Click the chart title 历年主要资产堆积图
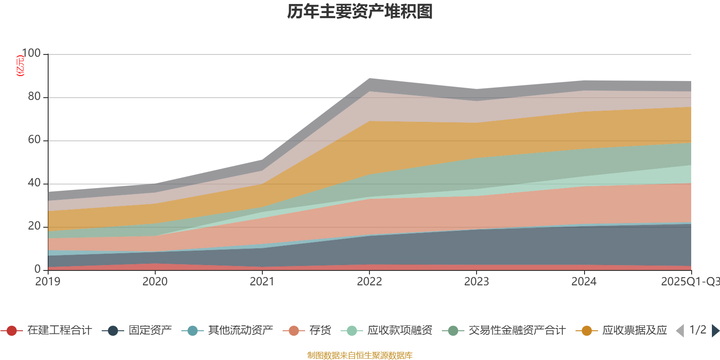(x=360, y=12)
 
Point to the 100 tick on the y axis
(x=31, y=54)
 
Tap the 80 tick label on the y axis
(x=34, y=97)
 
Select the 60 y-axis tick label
(x=34, y=140)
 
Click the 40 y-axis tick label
(x=34, y=183)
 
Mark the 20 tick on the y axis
(x=34, y=226)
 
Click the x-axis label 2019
(x=48, y=282)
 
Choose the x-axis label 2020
(x=155, y=282)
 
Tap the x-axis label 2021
(x=262, y=282)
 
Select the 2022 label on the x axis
(x=369, y=282)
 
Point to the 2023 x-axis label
(x=477, y=282)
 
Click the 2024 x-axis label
(x=584, y=282)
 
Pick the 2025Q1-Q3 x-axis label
(x=690, y=282)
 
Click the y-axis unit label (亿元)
(x=20, y=66)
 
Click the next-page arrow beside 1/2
(x=715, y=331)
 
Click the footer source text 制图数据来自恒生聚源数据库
(x=360, y=355)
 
